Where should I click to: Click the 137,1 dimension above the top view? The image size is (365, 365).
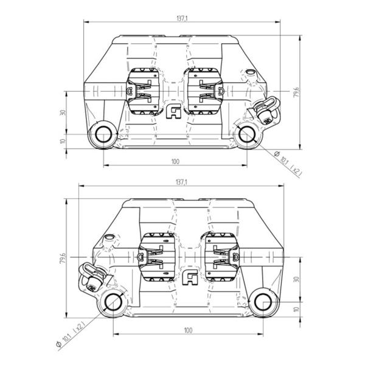click(x=182, y=19)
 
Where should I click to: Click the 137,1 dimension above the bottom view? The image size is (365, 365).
click(x=182, y=182)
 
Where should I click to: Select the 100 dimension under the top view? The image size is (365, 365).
click(x=175, y=162)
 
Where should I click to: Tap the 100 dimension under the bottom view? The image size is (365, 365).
click(x=189, y=330)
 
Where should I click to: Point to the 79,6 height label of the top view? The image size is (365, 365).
click(x=297, y=92)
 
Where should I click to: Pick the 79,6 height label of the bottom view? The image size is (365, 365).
click(x=63, y=258)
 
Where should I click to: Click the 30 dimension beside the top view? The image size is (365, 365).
click(x=63, y=113)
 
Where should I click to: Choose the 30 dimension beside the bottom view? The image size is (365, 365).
click(x=297, y=279)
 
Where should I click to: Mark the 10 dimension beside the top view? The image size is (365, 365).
click(x=63, y=141)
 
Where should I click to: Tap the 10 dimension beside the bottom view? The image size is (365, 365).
click(x=297, y=310)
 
